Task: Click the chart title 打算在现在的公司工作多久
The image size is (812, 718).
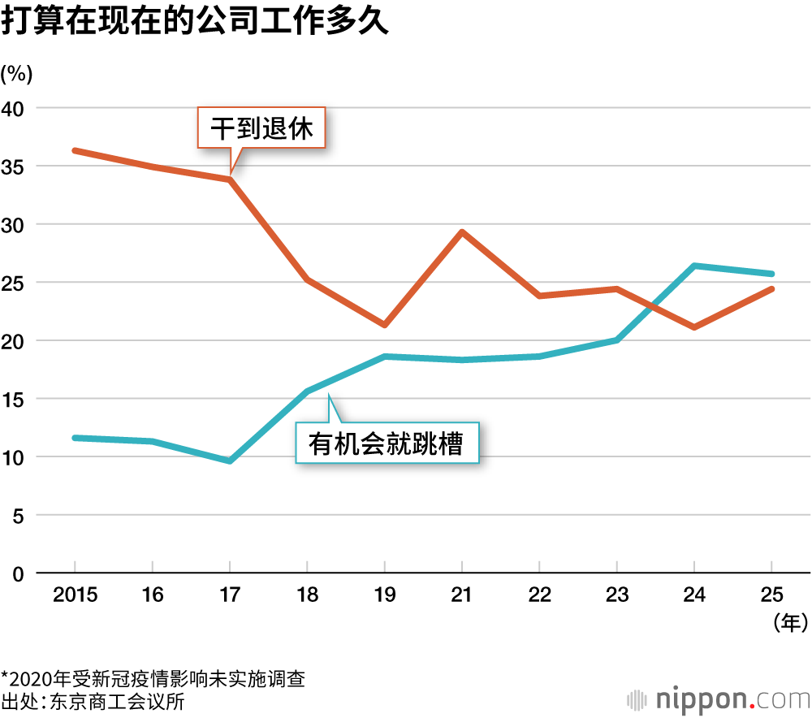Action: [x=195, y=22]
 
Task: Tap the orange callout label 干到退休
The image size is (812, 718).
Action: [x=261, y=128]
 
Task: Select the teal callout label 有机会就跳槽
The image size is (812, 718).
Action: [x=387, y=443]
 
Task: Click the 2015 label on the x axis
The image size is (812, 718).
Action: [x=75, y=595]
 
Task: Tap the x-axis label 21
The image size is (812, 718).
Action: [x=461, y=595]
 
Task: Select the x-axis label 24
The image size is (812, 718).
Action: [x=693, y=595]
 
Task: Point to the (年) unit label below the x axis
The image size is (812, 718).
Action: [x=789, y=624]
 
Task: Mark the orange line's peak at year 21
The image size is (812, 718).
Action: [x=461, y=232]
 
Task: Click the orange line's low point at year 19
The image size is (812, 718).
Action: [x=384, y=325]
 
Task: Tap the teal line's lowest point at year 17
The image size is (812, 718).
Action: [x=230, y=461]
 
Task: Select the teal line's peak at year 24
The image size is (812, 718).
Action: [x=693, y=266]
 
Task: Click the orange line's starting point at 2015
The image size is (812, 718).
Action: [x=75, y=150]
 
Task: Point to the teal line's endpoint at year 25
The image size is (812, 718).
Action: [x=771, y=274]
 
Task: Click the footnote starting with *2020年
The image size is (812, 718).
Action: [x=153, y=677]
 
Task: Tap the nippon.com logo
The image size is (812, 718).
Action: [x=718, y=699]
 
